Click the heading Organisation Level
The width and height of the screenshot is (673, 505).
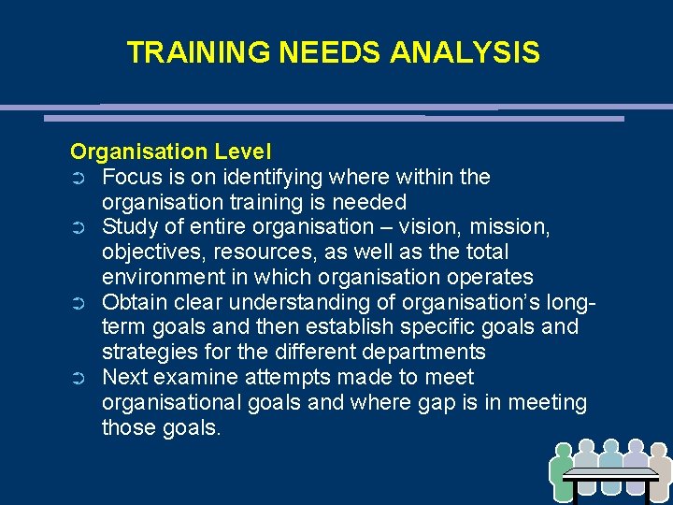(171, 151)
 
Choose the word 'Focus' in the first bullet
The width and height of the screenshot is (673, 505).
(132, 177)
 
